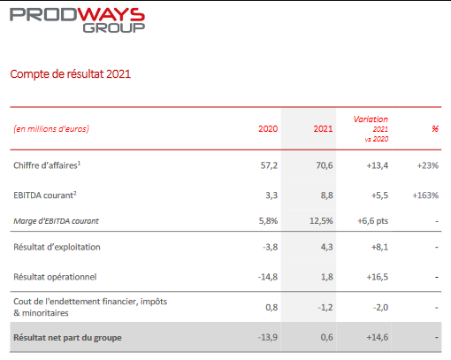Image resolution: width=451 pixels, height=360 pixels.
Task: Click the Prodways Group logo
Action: click(x=77, y=20)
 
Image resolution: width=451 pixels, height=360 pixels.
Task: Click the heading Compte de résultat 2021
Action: click(x=71, y=74)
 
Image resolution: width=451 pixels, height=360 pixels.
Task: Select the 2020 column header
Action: click(x=268, y=129)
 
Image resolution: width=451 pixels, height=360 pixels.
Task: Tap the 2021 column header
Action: click(x=323, y=129)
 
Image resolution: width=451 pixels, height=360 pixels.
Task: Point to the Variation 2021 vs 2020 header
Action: click(x=371, y=129)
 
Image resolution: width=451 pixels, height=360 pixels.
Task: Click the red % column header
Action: click(x=435, y=129)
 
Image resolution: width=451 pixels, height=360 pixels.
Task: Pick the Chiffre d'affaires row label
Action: click(x=47, y=165)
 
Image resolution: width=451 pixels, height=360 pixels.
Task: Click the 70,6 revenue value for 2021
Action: click(x=325, y=165)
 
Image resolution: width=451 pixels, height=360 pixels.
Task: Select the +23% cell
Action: click(x=428, y=165)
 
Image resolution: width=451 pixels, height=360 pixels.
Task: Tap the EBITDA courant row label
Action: click(x=45, y=195)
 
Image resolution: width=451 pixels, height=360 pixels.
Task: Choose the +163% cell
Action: click(x=425, y=195)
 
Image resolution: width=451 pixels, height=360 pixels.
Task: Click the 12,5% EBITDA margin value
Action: click(x=321, y=221)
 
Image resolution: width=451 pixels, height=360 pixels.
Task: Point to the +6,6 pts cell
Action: click(x=372, y=221)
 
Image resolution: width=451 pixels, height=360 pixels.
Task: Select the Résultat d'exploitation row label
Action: click(x=57, y=247)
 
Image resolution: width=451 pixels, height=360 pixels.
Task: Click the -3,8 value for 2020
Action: click(x=270, y=247)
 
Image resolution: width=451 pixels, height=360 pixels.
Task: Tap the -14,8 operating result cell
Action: click(x=268, y=277)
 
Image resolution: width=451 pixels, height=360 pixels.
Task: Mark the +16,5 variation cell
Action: click(x=378, y=277)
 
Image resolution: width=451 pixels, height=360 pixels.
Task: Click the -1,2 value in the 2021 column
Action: click(x=325, y=308)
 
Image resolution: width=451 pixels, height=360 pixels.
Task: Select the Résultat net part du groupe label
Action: click(x=67, y=338)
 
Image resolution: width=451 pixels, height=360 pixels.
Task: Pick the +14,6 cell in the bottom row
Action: click(x=378, y=337)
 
